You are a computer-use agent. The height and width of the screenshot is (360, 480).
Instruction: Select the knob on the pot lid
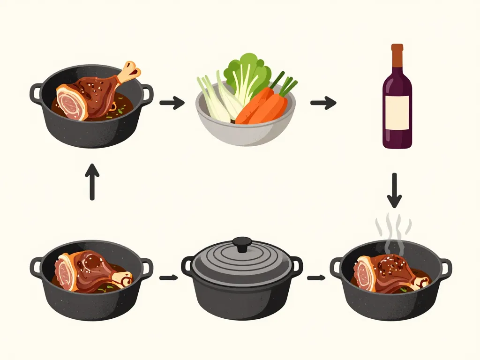242,243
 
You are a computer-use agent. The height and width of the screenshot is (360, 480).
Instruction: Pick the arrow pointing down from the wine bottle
394,190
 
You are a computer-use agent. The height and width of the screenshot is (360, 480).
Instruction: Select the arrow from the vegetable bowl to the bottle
323,103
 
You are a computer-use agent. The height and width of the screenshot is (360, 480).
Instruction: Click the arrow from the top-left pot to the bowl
172,102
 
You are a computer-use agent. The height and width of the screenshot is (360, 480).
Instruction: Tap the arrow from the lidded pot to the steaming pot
316,278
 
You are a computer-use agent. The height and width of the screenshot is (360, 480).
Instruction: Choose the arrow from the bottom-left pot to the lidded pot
168,278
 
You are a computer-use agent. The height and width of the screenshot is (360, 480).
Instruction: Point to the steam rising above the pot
393,229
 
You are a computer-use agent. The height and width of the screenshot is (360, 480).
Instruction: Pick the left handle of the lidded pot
187,266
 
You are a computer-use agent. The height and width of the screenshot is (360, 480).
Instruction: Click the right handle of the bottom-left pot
147,267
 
